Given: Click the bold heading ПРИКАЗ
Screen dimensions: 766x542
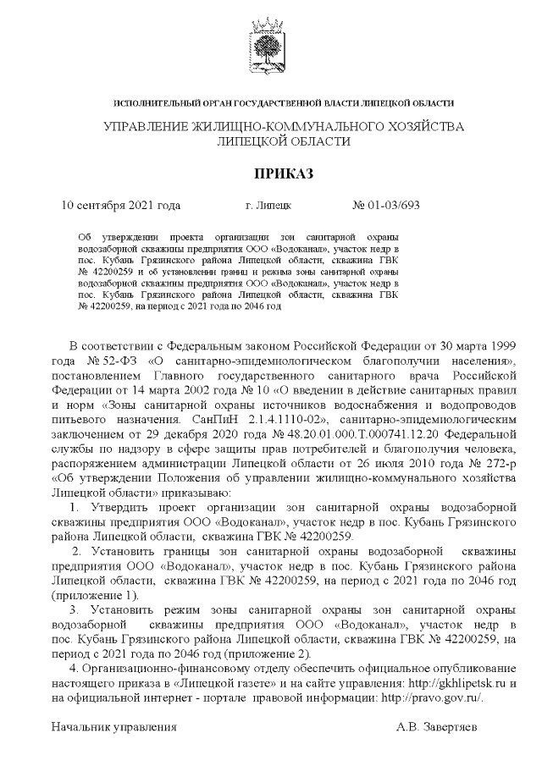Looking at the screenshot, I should [x=271, y=174].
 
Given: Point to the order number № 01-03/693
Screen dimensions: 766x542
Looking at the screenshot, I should [x=385, y=205].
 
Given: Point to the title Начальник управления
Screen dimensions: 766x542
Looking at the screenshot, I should [x=114, y=727].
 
